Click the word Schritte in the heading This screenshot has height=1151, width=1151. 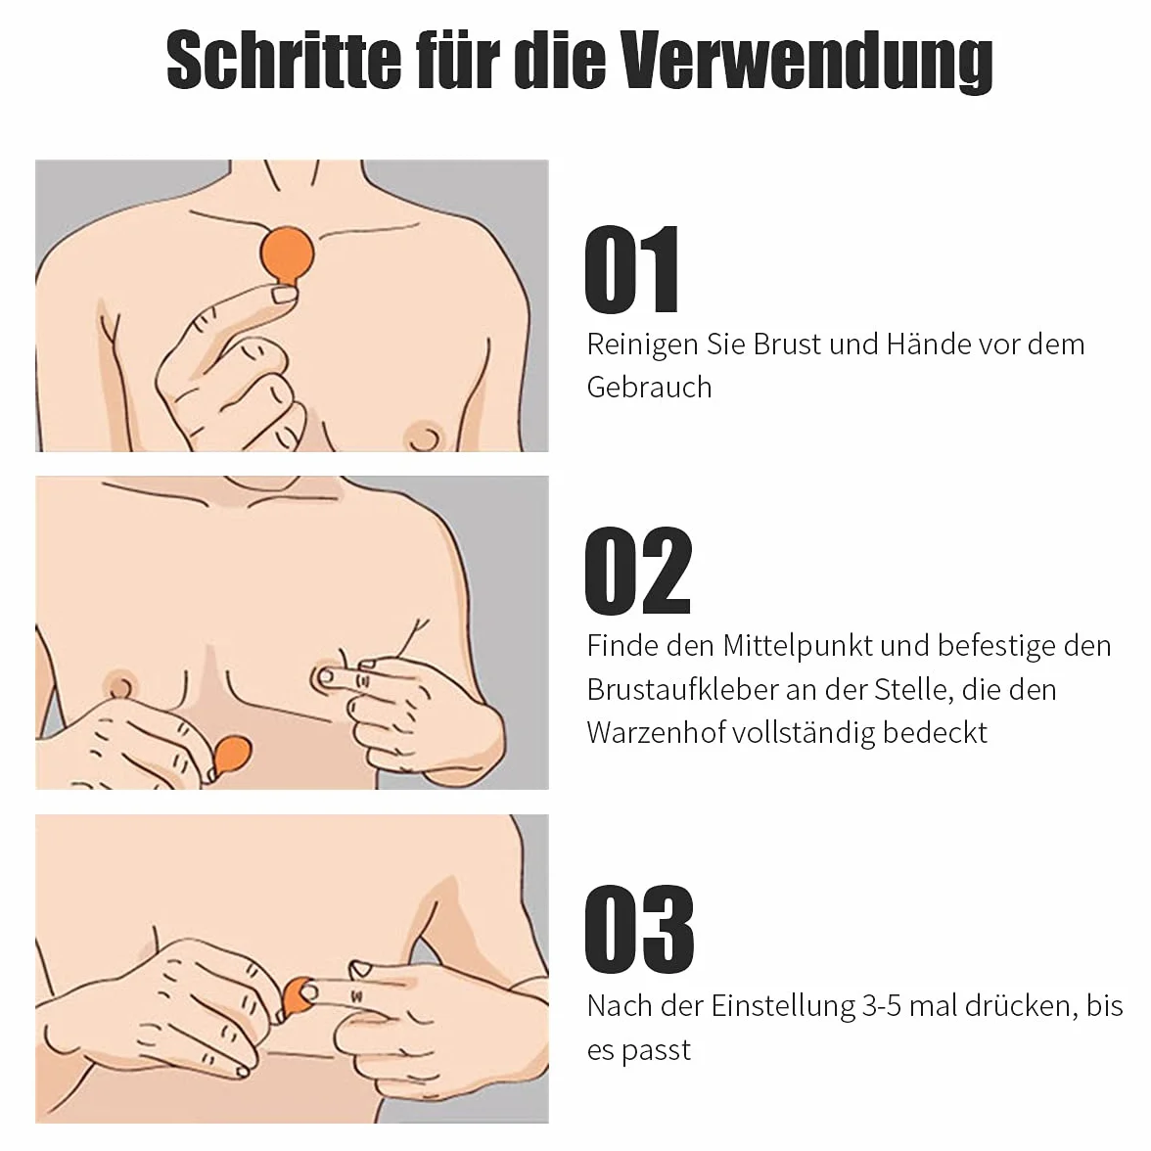click(284, 59)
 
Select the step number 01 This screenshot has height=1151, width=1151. click(632, 270)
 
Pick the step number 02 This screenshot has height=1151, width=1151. click(638, 571)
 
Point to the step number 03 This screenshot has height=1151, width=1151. click(638, 930)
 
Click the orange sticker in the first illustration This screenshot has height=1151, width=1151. click(287, 256)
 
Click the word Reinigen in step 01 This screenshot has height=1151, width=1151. click(642, 345)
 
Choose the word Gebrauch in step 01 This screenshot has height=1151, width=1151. click(650, 387)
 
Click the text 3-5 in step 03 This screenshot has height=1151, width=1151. click(882, 1006)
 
